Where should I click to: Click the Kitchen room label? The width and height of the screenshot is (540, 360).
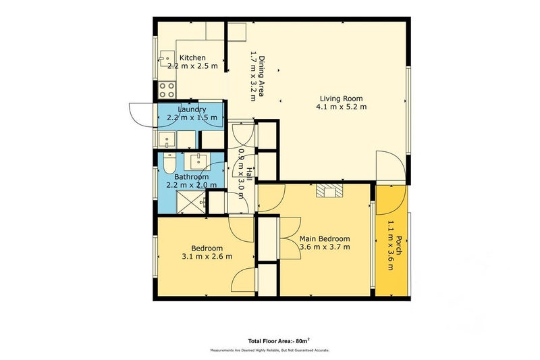pos(192,57)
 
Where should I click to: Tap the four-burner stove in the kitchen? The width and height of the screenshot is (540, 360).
pos(167,90)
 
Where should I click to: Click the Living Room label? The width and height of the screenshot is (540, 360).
pos(342,99)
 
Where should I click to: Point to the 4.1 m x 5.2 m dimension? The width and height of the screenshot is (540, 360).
pos(342,107)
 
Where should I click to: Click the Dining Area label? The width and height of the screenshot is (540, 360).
pos(262,76)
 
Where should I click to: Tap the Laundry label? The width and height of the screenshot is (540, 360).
pos(192,109)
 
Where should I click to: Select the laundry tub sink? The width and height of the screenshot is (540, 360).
pos(167,140)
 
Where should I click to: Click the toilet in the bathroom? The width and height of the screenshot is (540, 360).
pos(169,163)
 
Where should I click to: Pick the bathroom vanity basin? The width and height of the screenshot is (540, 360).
pos(197,161)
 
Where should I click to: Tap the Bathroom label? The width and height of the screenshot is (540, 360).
pos(192,177)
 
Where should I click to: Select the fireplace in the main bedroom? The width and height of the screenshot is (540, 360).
pos(330,190)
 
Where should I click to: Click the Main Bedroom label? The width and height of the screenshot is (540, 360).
pos(325,238)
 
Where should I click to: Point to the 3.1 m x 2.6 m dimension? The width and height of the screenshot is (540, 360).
pos(207,256)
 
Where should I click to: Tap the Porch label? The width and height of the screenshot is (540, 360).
pos(398,245)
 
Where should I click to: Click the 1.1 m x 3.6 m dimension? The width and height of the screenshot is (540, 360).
pos(390,245)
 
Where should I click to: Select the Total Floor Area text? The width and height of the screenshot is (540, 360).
pos(279,341)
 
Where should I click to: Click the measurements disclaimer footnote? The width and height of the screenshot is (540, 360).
pos(270,351)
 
